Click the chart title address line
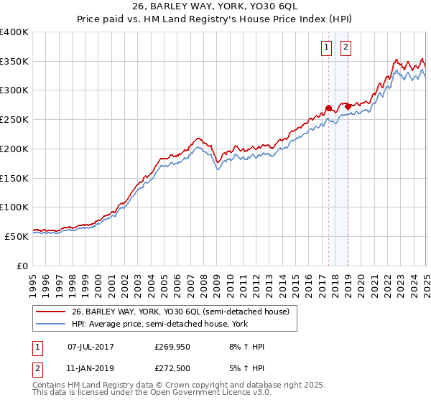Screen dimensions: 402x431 215,7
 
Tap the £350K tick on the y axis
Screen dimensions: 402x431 15,62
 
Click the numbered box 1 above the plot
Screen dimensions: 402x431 327,48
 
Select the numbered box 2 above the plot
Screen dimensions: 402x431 346,48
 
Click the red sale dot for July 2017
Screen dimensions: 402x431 328,108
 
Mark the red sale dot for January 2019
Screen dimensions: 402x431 348,107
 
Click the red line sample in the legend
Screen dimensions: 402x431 51,312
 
